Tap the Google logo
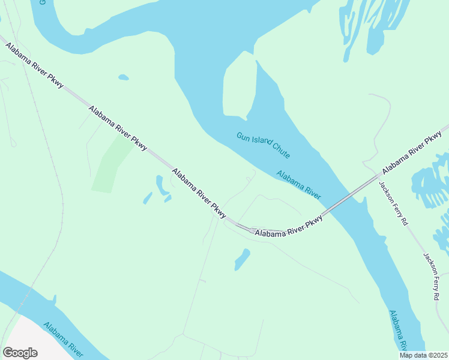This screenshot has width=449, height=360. pos(20,353)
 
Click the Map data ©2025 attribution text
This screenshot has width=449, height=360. pos(423,355)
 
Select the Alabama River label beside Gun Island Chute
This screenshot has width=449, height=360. pos(298,185)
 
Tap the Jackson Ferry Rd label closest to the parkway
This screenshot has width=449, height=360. pos(394,202)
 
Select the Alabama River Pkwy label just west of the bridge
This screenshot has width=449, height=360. pos(289,227)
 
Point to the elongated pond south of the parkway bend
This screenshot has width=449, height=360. pos(242,259)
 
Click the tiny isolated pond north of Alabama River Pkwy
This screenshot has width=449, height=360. pos(123,77)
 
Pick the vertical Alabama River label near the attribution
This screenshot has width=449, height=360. pos(398,331)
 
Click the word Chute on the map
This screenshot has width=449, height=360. pos(280,150)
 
